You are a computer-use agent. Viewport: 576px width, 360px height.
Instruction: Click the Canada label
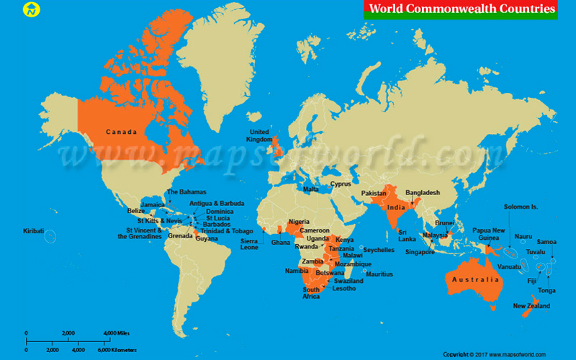coord(121,132)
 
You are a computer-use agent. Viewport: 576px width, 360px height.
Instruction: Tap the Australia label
coord(473,279)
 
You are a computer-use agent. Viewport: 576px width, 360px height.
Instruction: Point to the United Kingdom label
coord(258,136)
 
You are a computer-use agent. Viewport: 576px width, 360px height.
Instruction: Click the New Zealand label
coord(531,306)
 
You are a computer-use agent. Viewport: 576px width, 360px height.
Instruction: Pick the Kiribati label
coord(33,231)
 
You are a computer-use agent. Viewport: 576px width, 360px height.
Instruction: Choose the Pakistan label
coord(373,194)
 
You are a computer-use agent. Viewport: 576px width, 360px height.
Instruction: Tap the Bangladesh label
coord(423,192)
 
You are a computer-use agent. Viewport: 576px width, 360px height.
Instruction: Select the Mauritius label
coord(379,274)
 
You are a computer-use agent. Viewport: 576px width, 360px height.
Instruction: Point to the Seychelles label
coord(379,250)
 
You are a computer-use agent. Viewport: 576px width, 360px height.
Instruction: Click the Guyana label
coord(207,238)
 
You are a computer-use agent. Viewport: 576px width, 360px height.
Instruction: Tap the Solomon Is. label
coord(521,207)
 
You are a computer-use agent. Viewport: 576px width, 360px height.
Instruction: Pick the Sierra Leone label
coord(249,244)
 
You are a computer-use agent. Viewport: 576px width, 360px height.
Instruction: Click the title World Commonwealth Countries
coord(462,9)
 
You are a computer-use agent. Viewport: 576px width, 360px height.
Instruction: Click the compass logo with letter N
coord(32,10)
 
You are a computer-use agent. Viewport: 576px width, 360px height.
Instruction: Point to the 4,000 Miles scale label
coord(117,333)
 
